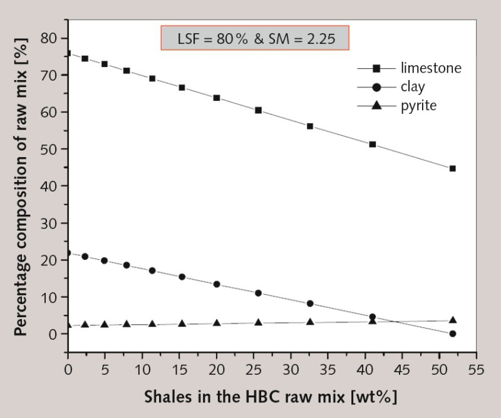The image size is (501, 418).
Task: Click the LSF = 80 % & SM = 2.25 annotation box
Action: (255, 39)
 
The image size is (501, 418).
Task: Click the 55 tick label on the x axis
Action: (475, 368)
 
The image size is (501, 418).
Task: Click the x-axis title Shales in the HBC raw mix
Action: (271, 396)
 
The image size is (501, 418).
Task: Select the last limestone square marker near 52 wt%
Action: (452, 168)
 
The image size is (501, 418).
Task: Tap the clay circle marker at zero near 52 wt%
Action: (452, 334)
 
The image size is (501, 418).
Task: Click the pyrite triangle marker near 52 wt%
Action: (452, 320)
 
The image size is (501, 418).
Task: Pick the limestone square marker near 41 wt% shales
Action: (373, 145)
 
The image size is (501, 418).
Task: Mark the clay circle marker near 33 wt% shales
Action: (310, 303)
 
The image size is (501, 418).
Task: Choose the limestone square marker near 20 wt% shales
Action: (217, 98)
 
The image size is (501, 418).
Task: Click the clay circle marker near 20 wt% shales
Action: (217, 284)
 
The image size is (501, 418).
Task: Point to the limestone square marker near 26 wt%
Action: (258, 110)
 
